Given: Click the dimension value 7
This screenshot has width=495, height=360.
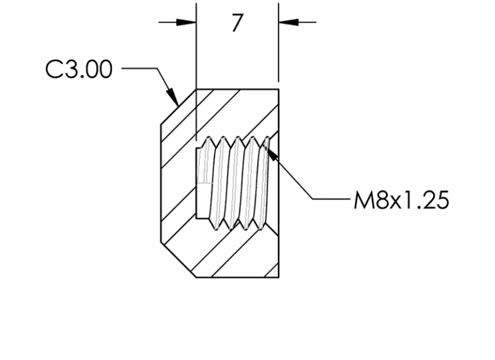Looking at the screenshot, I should (237, 24).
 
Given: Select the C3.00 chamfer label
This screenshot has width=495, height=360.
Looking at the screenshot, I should (79, 70).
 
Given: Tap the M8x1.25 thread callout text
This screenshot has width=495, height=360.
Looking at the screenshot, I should (400, 200).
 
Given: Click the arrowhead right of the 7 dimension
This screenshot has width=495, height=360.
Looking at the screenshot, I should (287, 22).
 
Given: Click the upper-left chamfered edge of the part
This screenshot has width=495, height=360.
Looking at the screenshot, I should (178, 106).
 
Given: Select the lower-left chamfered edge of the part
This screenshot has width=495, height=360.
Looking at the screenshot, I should (178, 260).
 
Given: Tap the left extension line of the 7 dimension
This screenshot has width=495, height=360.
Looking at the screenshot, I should (196, 52).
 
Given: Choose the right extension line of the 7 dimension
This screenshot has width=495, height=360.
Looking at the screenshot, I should (278, 52).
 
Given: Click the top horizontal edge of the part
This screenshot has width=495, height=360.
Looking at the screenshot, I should (237, 89).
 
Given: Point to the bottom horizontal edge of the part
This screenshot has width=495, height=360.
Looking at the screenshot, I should (237, 277).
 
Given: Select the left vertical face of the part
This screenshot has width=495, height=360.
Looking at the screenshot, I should (160, 184).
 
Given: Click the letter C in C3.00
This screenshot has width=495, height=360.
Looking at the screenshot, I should (53, 70).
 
